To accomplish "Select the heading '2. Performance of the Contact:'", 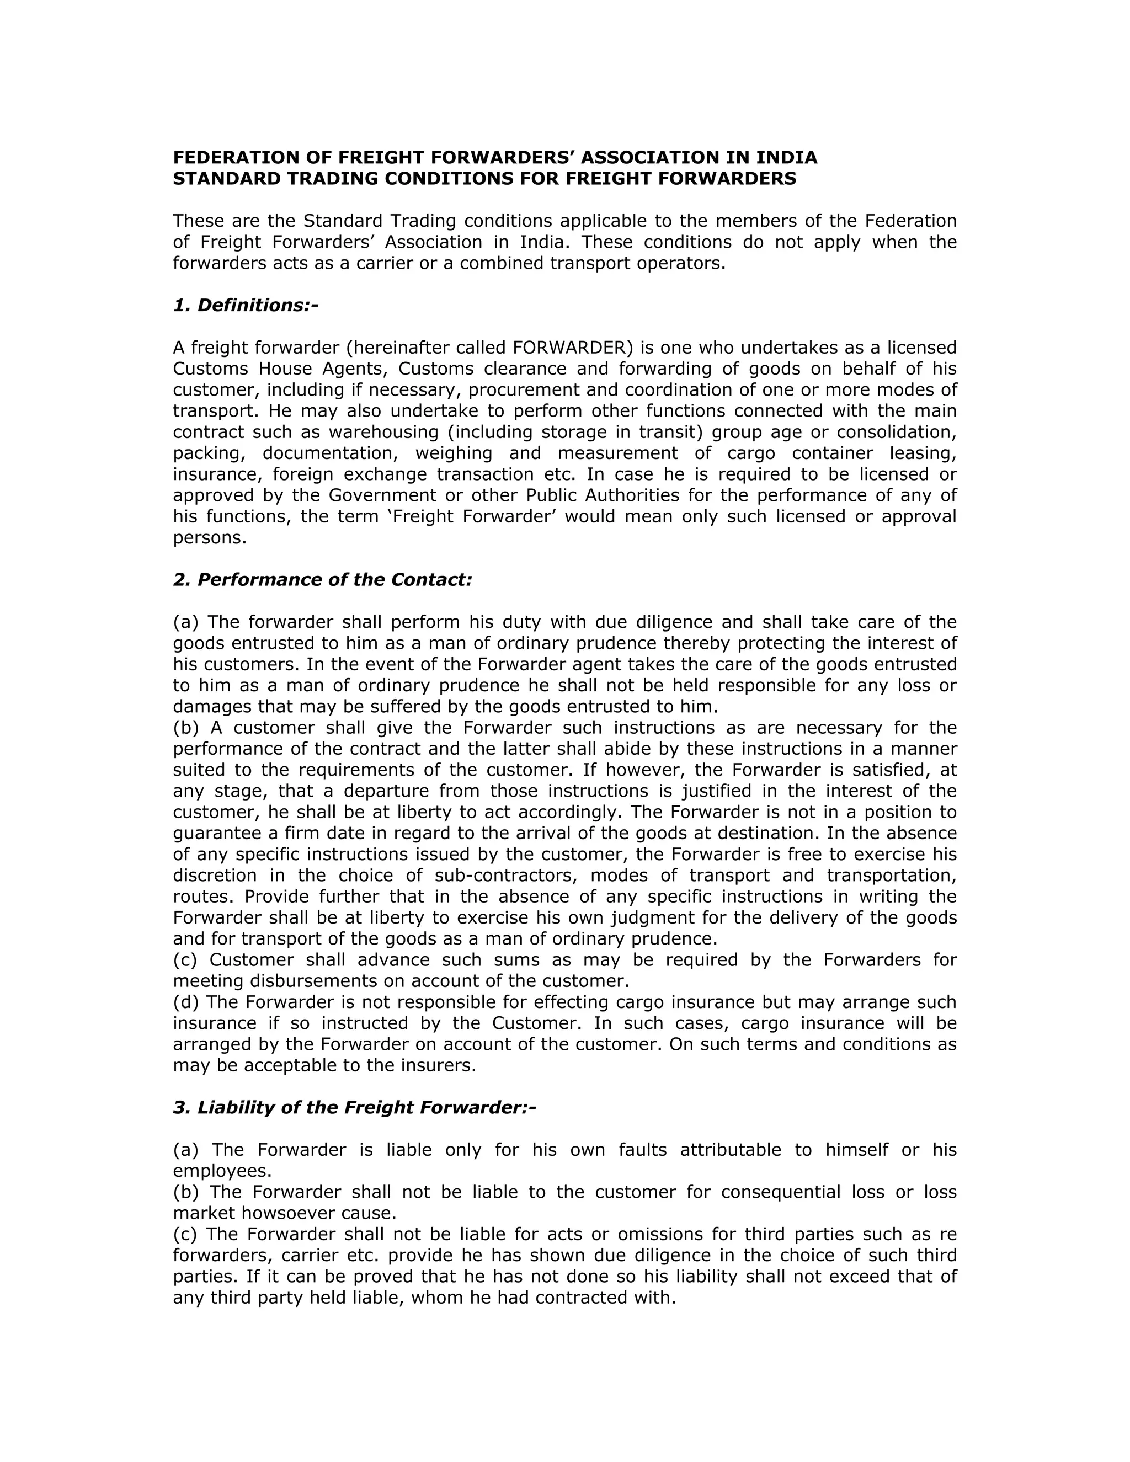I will tap(323, 580).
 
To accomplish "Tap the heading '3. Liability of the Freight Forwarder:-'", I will tap(355, 1108).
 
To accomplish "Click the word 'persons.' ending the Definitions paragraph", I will tap(210, 537).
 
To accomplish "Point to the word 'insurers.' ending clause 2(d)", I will tap(445, 1066).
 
